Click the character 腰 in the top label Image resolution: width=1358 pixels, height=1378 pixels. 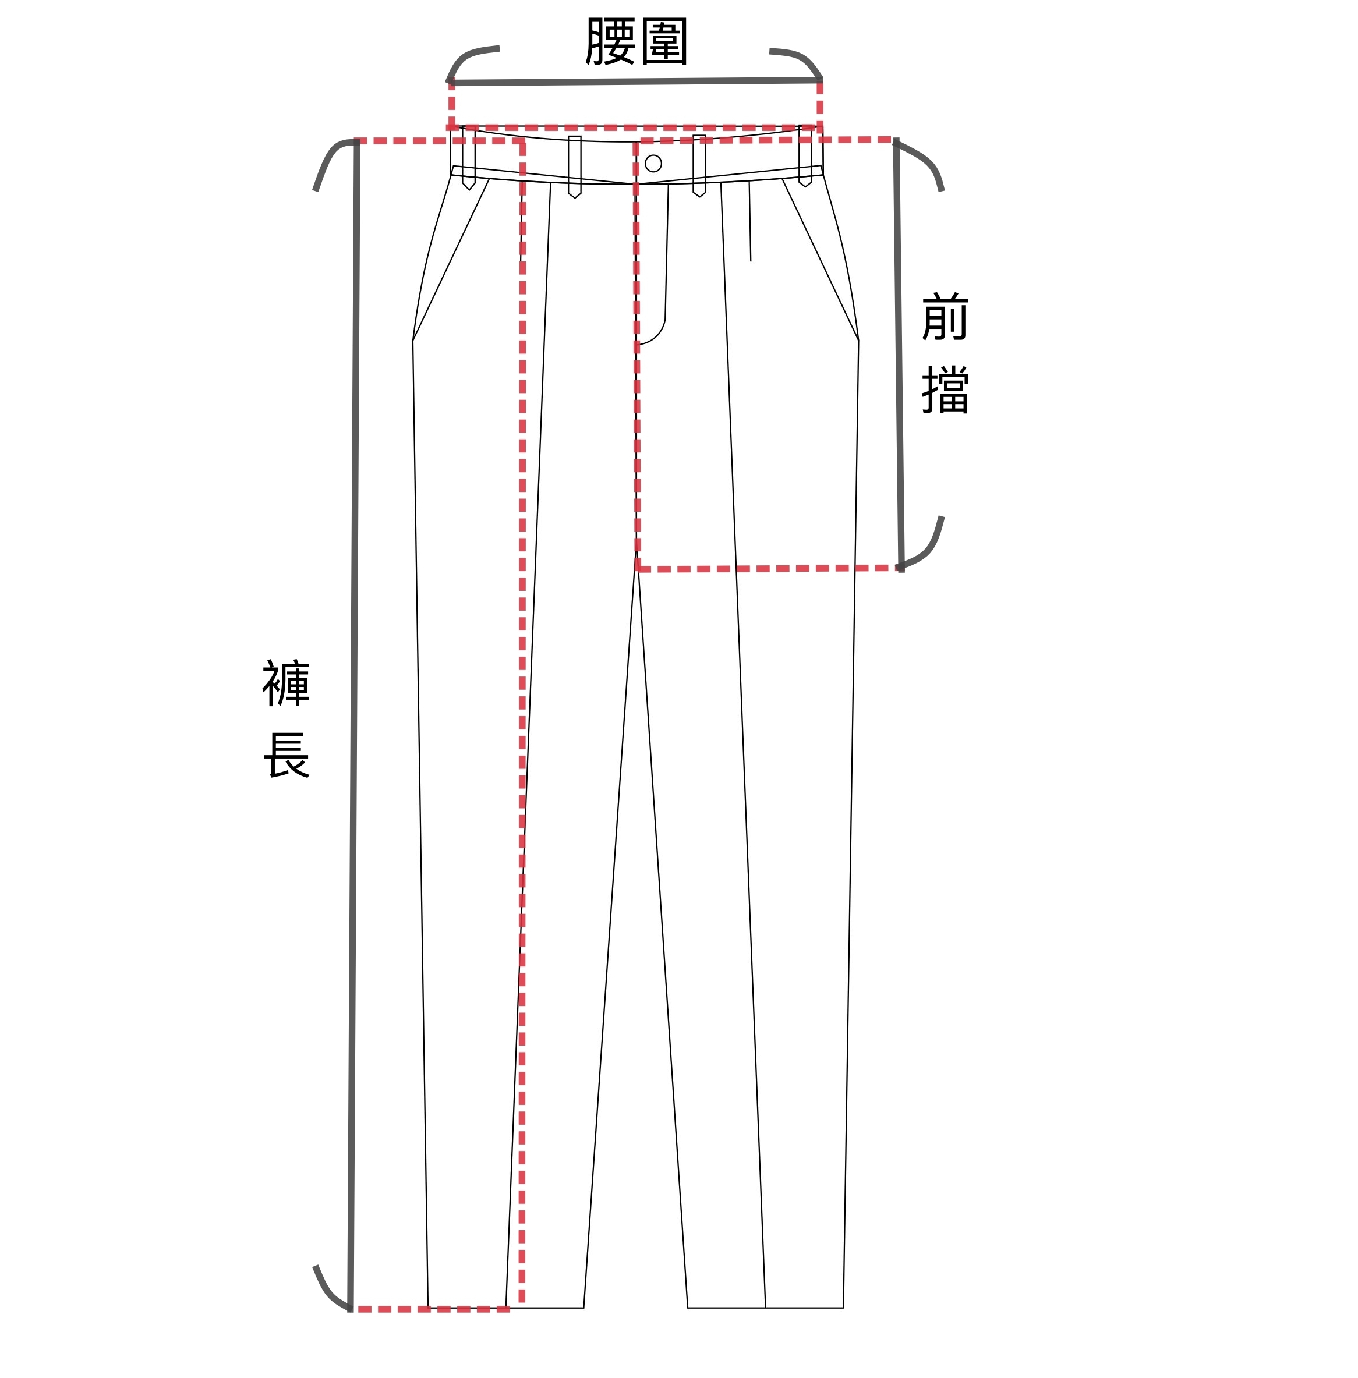[x=610, y=41]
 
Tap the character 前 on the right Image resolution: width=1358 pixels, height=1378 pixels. [x=945, y=317]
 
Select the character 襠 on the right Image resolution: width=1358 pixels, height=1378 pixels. [x=945, y=390]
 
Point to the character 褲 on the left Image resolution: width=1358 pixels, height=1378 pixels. [x=286, y=683]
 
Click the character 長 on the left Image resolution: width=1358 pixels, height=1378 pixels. [x=286, y=755]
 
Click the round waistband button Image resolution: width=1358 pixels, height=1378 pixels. [x=653, y=163]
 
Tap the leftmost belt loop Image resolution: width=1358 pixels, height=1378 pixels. [x=469, y=158]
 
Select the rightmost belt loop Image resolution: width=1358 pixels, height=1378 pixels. [x=805, y=157]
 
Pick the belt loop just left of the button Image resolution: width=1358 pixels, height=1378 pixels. [x=574, y=166]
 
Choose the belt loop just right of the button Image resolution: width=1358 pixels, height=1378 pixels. [x=699, y=165]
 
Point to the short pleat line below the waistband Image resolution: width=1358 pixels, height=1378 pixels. [x=749, y=221]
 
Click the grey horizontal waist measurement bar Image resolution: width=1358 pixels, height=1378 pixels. [x=635, y=82]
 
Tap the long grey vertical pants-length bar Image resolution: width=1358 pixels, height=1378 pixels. [x=353, y=713]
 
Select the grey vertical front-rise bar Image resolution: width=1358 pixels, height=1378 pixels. [x=899, y=356]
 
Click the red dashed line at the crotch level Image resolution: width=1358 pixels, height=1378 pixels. [x=767, y=569]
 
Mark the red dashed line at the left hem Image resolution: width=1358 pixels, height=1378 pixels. [x=432, y=1309]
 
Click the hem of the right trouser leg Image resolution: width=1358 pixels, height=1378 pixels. [x=765, y=1308]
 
